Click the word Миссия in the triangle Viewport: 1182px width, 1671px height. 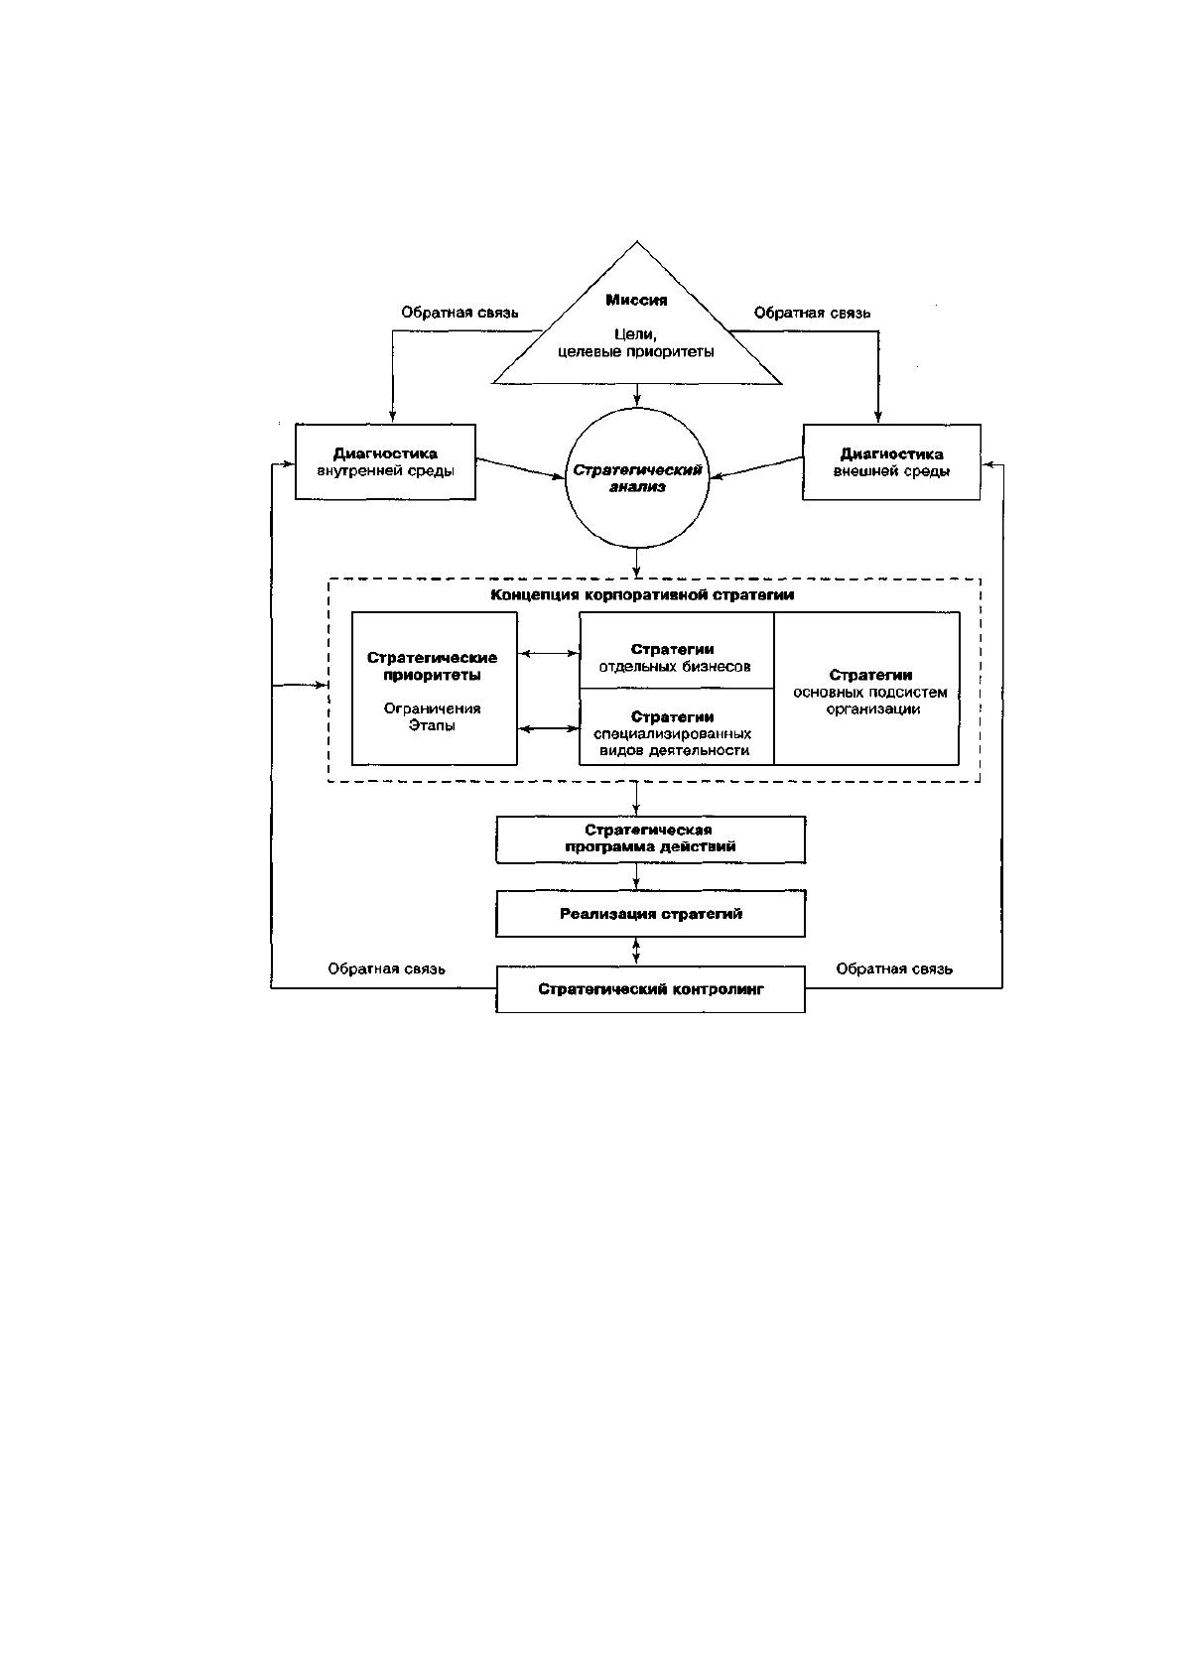pyautogui.click(x=636, y=300)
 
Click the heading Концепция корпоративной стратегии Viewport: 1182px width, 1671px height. pyautogui.click(x=642, y=594)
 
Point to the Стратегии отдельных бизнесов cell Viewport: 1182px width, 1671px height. pyautogui.click(x=677, y=651)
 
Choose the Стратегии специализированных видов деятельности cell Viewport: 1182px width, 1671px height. pyautogui.click(x=677, y=726)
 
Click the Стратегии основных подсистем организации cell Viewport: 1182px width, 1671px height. pyautogui.click(x=866, y=689)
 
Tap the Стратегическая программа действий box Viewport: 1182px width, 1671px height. pyautogui.click(x=651, y=839)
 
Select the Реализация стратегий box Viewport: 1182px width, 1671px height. pyautogui.click(x=651, y=913)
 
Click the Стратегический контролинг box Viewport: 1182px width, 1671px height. pyautogui.click(x=651, y=989)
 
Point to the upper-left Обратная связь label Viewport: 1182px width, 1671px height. pyautogui.click(x=460, y=313)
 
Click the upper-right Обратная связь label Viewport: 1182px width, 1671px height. pyautogui.click(x=812, y=313)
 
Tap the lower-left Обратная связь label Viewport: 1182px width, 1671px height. pyautogui.click(x=386, y=969)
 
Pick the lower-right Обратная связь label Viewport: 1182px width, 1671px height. pyautogui.click(x=894, y=969)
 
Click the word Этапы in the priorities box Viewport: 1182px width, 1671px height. pyautogui.click(x=432, y=725)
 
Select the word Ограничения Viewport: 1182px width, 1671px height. pyautogui.click(x=432, y=707)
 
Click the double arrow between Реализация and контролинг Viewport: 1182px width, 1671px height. pyautogui.click(x=636, y=952)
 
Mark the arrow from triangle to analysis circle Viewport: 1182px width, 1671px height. pyautogui.click(x=636, y=395)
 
